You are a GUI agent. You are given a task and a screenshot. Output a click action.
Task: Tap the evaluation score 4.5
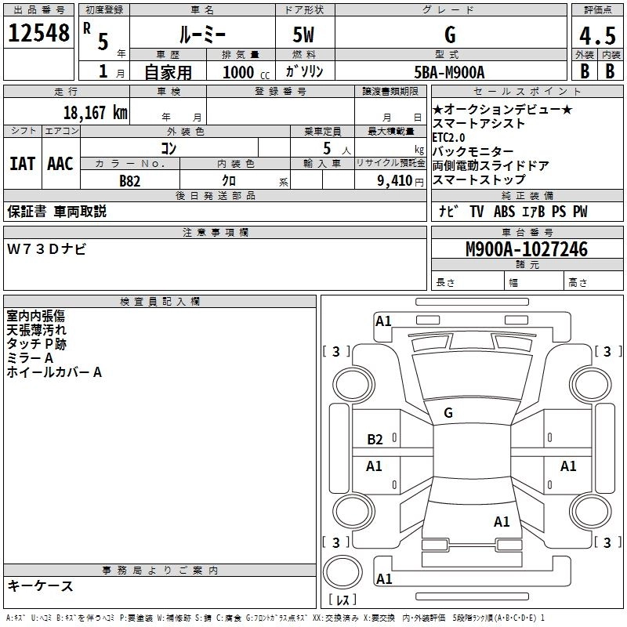[596, 36]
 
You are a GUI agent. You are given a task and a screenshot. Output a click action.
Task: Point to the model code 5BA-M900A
[449, 72]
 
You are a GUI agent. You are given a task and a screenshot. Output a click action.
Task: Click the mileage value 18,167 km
[95, 112]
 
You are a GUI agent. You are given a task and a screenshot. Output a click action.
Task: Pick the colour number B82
[130, 180]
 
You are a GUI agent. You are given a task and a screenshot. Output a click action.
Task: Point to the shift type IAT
[22, 164]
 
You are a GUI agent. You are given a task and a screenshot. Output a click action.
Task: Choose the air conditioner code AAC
[60, 164]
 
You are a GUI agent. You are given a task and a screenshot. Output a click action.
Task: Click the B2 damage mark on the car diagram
[375, 440]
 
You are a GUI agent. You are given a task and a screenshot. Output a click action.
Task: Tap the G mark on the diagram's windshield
[448, 413]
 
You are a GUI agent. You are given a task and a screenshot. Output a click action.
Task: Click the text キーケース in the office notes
[41, 585]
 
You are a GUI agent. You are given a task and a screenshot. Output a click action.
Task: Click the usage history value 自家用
[167, 72]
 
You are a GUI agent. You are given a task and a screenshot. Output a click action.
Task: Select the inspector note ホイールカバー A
[54, 373]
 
